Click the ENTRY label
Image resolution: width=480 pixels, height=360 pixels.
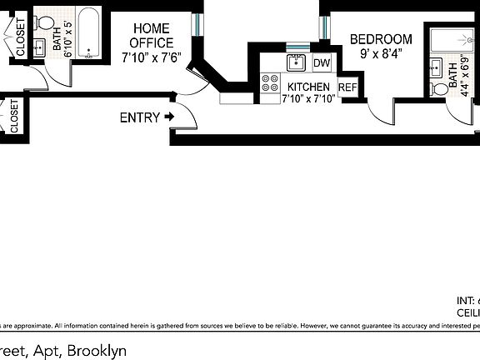click(139, 117)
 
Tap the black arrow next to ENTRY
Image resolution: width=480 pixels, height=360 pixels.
click(169, 117)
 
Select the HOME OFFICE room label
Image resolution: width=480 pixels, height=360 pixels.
click(152, 36)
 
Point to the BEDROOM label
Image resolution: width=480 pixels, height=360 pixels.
click(381, 39)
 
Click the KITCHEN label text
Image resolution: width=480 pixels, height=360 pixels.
click(308, 87)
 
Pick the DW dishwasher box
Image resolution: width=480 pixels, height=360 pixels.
click(322, 63)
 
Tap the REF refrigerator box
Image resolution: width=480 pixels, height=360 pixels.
click(347, 87)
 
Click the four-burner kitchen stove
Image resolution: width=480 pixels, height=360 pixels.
click(271, 82)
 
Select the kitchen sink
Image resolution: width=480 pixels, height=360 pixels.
click(296, 62)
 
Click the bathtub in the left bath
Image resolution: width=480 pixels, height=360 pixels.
click(90, 34)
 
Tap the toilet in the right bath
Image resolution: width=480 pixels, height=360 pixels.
click(437, 87)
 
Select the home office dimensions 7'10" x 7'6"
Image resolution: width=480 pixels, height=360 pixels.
click(152, 58)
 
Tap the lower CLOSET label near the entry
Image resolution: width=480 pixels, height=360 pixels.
click(14, 116)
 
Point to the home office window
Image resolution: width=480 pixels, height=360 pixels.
click(196, 25)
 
